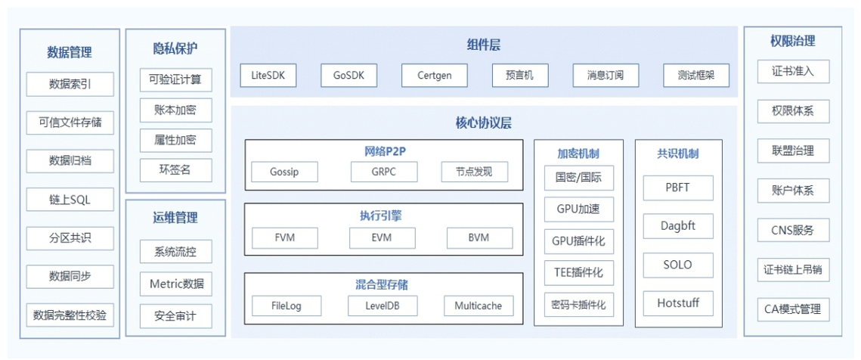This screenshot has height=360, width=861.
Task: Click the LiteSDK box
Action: [x=268, y=76]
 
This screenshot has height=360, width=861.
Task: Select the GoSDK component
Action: [x=348, y=76]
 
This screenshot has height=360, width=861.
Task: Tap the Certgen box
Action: [x=435, y=76]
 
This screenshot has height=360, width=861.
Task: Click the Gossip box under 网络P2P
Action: [x=284, y=172]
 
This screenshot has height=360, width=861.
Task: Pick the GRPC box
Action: [x=384, y=172]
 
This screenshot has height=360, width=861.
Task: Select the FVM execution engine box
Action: [x=285, y=238]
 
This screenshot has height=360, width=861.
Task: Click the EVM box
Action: [x=382, y=238]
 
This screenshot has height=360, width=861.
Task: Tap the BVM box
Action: [x=479, y=238]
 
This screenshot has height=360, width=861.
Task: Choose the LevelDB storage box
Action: [x=382, y=306]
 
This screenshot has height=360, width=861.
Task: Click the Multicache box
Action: [x=479, y=306]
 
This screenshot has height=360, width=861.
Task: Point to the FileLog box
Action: [x=286, y=306]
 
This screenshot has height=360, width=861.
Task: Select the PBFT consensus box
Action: [x=678, y=188]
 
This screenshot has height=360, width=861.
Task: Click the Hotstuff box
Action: [x=678, y=303]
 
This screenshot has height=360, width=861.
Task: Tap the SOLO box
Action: [x=678, y=265]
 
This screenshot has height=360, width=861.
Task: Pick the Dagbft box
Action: [x=678, y=226]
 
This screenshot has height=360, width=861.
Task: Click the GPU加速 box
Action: [x=579, y=209]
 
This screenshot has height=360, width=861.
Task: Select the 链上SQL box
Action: [x=70, y=200]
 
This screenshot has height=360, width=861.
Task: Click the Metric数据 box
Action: [x=175, y=284]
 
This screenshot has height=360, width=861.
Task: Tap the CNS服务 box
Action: [x=793, y=230]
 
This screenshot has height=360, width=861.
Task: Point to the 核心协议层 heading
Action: [x=483, y=123]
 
